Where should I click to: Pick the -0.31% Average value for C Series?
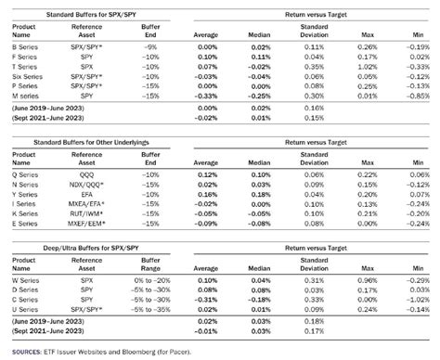(x=210, y=300)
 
